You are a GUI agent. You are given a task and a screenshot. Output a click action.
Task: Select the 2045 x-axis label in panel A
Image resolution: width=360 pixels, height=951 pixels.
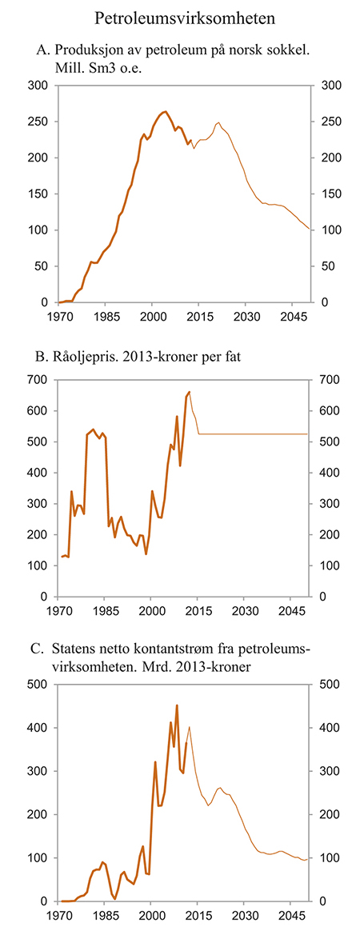click(x=292, y=317)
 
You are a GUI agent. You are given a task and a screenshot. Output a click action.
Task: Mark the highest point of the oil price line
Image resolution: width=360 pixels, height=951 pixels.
click(x=190, y=392)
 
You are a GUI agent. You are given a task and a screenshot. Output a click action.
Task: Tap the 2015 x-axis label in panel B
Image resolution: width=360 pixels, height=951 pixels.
click(x=198, y=611)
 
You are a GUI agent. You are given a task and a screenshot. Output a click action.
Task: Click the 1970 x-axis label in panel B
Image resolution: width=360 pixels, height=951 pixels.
click(x=58, y=611)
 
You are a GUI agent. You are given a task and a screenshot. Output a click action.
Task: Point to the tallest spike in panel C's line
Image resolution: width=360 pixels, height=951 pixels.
click(x=177, y=705)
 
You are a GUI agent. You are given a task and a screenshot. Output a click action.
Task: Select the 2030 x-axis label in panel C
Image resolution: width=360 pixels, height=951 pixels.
click(x=246, y=915)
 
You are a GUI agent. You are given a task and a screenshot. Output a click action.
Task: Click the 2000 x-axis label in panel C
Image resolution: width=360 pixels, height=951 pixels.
click(x=152, y=915)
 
